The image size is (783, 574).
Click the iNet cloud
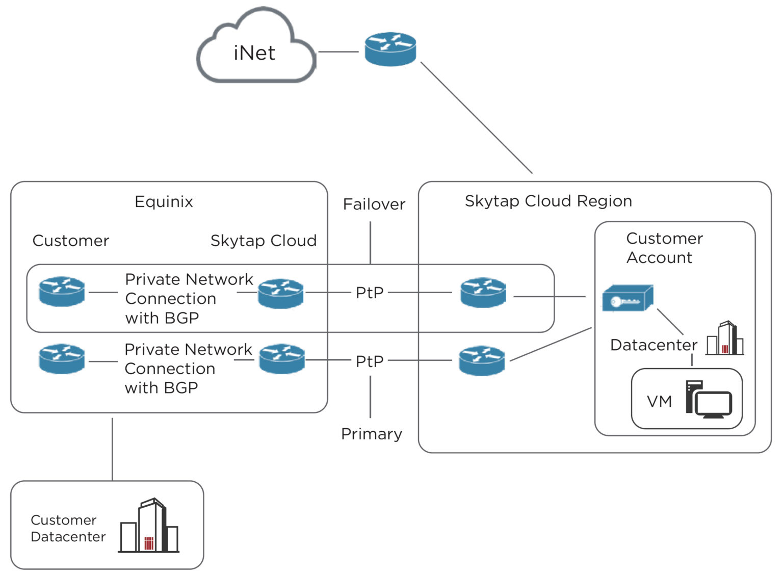coord(255,51)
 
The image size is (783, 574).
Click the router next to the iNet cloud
coord(390,49)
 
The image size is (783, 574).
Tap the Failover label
coord(374,204)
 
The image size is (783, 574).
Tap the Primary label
coord(371,433)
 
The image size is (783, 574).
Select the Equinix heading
coord(164,201)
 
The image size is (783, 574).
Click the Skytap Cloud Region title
coord(548,201)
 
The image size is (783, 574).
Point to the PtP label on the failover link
coord(370,293)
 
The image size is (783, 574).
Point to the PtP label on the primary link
coord(370,361)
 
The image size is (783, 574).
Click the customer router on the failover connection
coord(62,292)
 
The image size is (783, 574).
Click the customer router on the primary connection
coord(62,358)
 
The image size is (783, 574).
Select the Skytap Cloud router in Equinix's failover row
coord(280,293)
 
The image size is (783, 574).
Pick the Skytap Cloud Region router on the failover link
coord(483,292)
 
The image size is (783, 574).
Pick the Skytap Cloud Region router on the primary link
coord(482,360)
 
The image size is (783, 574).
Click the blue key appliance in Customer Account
coord(627,298)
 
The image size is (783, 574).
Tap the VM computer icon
coord(708,400)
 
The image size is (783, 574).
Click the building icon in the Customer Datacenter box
coord(149,526)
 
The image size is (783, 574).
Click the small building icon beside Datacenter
coord(725,338)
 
